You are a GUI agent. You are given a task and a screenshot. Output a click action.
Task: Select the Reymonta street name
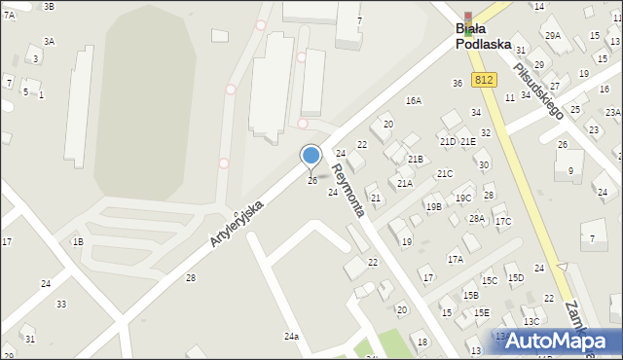(347, 190)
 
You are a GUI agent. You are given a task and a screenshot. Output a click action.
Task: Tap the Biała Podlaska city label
(484, 36)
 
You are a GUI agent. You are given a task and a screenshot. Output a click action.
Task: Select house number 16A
(414, 100)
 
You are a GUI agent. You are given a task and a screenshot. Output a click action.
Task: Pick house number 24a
(291, 336)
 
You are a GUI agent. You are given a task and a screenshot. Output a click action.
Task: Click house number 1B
(78, 240)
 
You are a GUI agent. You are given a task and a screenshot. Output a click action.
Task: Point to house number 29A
(552, 35)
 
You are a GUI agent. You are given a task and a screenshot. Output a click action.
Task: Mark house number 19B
(432, 206)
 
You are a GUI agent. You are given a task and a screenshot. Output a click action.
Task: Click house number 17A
(455, 259)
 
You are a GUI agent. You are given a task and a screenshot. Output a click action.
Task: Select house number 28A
(476, 218)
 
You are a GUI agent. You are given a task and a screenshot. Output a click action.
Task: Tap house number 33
(61, 304)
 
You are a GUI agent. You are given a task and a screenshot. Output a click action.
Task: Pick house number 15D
(514, 278)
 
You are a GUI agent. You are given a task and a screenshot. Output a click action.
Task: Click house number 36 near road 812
(457, 83)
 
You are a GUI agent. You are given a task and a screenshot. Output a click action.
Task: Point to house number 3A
(49, 41)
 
